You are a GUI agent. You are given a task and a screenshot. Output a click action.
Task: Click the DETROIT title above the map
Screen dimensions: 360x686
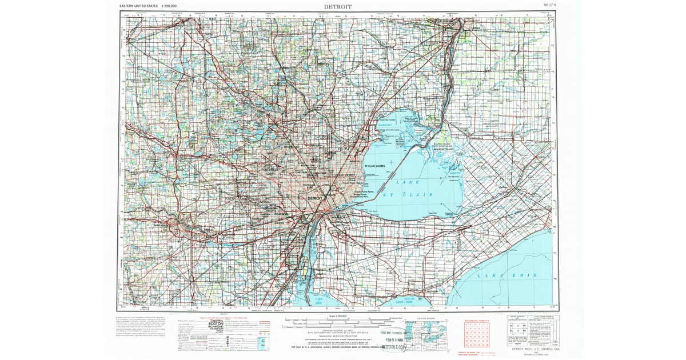pos(338,6)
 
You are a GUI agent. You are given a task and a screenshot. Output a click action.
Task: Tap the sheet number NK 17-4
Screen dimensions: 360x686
pos(551,6)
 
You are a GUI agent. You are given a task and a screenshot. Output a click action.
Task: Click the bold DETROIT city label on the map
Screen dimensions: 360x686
pos(316,198)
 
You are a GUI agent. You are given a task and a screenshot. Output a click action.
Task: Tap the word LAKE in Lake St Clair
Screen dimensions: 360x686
pos(408,182)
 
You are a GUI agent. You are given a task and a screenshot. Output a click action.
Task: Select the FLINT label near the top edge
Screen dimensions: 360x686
pos(210,18)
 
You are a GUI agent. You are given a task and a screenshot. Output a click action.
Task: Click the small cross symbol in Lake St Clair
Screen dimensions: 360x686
pos(391,162)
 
